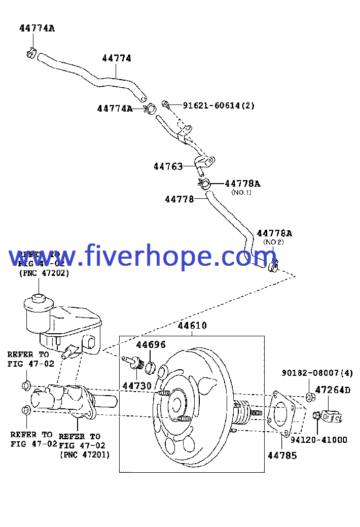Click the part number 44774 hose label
tap(117, 58)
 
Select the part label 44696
tap(151, 345)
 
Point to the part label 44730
tap(137, 386)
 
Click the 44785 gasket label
tap(282, 455)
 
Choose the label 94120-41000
tap(319, 440)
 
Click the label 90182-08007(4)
tap(317, 373)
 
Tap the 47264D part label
tap(333, 390)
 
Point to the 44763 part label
tap(168, 166)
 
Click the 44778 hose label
tap(179, 199)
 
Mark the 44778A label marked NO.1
tap(242, 184)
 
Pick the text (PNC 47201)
tap(85, 454)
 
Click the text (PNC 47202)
tap(44, 273)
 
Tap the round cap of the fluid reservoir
tap(37, 300)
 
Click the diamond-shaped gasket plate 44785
tap(284, 413)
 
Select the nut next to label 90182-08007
tap(309, 396)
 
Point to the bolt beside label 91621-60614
tap(165, 104)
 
